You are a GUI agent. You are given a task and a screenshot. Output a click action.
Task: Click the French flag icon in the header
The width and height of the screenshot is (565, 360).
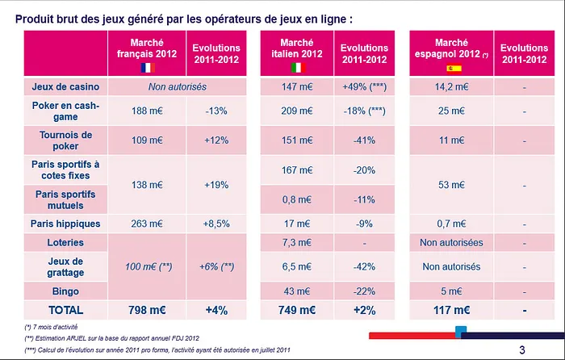(x=145, y=68)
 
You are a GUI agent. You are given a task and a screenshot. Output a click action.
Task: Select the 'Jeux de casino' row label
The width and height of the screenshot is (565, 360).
(x=65, y=86)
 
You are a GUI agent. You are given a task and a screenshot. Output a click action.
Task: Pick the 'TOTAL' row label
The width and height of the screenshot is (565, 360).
(x=65, y=308)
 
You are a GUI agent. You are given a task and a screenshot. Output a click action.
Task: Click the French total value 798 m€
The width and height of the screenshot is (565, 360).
(x=145, y=308)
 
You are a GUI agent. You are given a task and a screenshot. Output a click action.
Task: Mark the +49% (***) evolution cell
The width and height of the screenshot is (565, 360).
(x=367, y=86)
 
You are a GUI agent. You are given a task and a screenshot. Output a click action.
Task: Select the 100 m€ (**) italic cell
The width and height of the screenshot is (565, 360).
(x=145, y=266)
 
